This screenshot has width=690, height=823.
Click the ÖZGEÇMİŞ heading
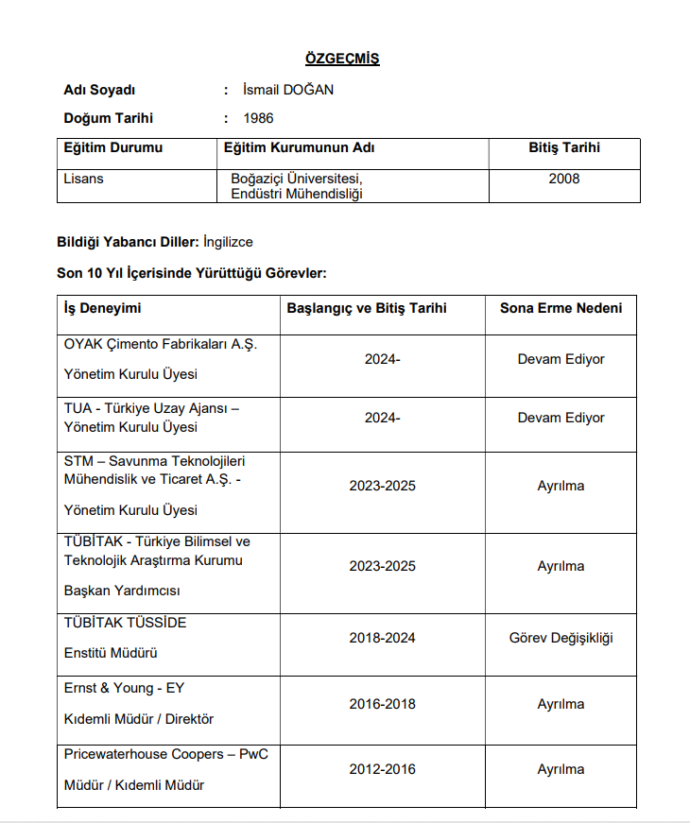pyautogui.click(x=342, y=59)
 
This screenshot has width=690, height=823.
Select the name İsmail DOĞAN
pyautogui.click(x=288, y=90)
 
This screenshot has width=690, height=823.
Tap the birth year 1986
pyautogui.click(x=258, y=118)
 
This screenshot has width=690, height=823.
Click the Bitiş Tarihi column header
pyautogui.click(x=564, y=148)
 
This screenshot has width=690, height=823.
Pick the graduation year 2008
pyautogui.click(x=564, y=179)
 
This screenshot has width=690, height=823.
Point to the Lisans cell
pyautogui.click(x=83, y=179)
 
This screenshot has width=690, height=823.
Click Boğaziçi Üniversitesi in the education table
pyautogui.click(x=297, y=179)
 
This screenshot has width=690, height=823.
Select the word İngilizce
pyautogui.click(x=228, y=242)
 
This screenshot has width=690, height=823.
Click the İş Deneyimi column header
pyautogui.click(x=102, y=308)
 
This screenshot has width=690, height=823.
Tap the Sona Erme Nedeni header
pyautogui.click(x=561, y=308)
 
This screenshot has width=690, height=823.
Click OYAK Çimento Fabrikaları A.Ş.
pyautogui.click(x=160, y=344)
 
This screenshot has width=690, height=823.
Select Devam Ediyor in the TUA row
pyautogui.click(x=561, y=418)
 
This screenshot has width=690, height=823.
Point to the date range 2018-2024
pyautogui.click(x=382, y=638)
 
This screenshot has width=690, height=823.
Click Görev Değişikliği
pyautogui.click(x=561, y=638)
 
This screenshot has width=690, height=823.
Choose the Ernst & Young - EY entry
pyautogui.click(x=124, y=688)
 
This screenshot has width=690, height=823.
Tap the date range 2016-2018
pyautogui.click(x=382, y=704)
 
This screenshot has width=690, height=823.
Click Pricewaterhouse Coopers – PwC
pyautogui.click(x=165, y=754)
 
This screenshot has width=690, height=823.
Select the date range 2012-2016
pyautogui.click(x=382, y=769)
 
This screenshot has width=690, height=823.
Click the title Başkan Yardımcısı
pyautogui.click(x=121, y=591)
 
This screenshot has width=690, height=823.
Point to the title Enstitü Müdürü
pyautogui.click(x=110, y=653)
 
